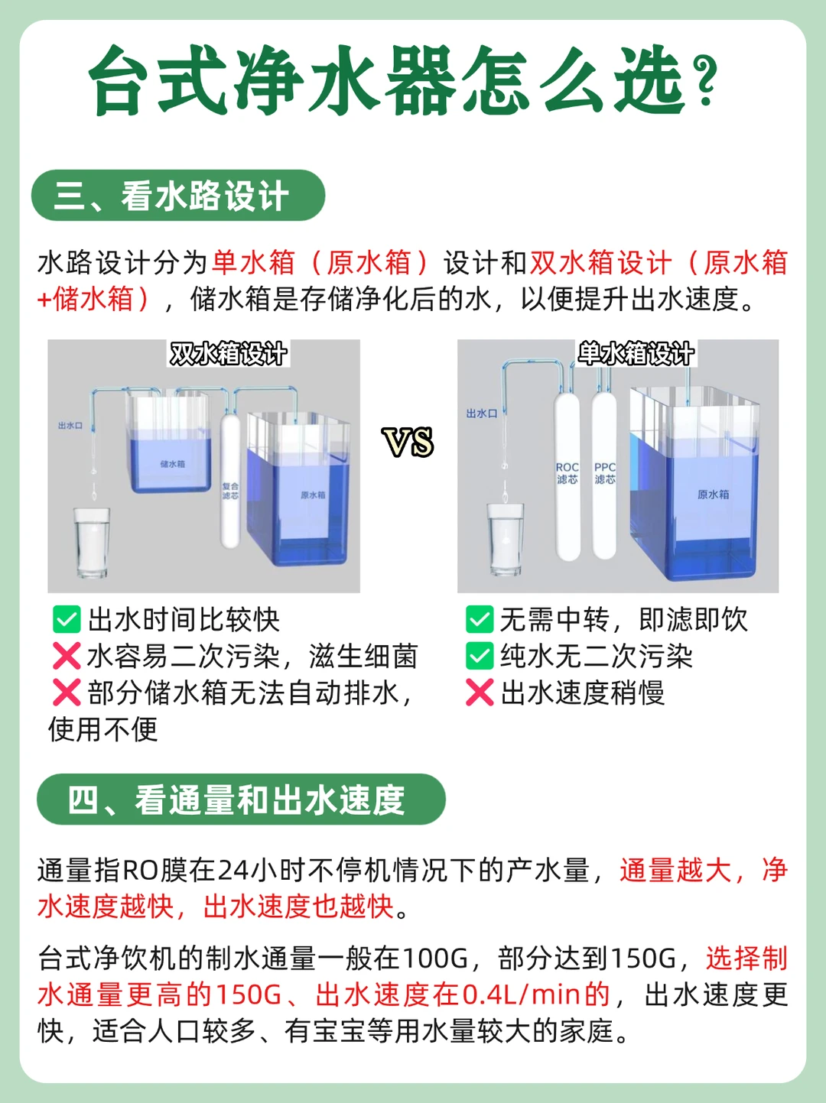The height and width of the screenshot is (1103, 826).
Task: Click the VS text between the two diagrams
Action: (408, 442)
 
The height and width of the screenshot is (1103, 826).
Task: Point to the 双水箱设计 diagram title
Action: (228, 354)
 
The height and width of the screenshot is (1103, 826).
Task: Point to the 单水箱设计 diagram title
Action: (636, 353)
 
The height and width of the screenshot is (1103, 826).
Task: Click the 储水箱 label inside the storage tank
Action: (172, 464)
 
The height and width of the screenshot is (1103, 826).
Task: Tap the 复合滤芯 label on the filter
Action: (231, 491)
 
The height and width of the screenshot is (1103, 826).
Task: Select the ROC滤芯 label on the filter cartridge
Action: (567, 473)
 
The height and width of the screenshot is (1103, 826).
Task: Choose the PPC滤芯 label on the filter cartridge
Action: (605, 473)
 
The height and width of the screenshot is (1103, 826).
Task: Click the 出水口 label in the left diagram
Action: (70, 426)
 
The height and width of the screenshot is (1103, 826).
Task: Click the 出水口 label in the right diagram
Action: (482, 413)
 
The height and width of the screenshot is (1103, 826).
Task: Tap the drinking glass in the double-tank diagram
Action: (92, 542)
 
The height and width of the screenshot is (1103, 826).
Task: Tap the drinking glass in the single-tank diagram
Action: (506, 540)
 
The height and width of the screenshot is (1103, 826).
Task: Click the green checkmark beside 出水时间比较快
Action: (67, 619)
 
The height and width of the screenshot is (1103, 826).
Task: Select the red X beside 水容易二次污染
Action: (67, 656)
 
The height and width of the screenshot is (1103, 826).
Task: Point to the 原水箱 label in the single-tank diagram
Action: (713, 495)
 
